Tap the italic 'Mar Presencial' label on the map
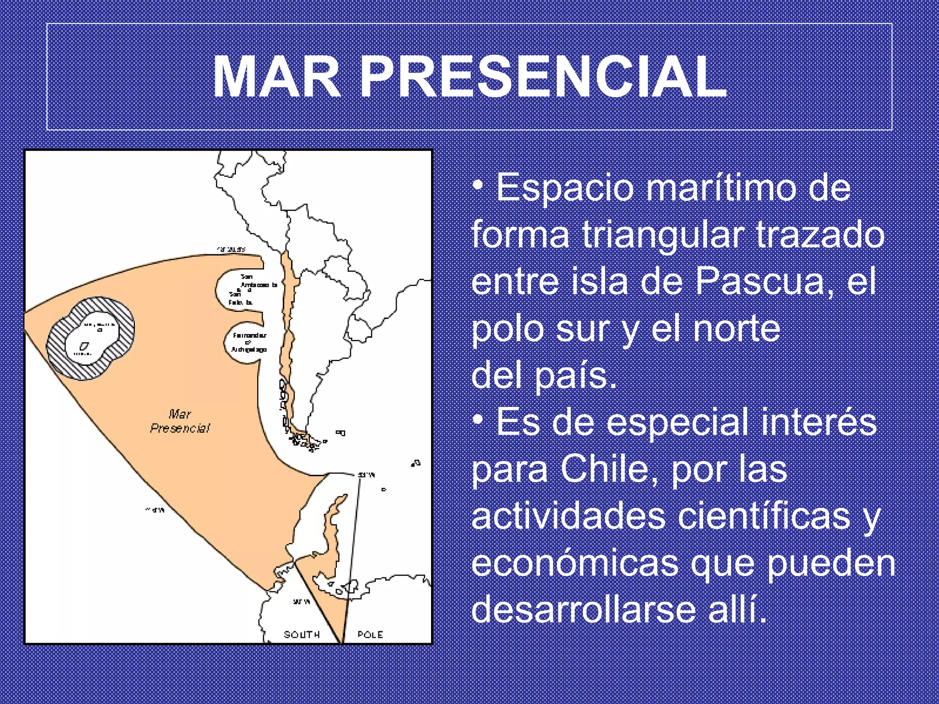(x=180, y=421)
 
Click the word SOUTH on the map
(x=302, y=634)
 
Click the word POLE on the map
(x=370, y=634)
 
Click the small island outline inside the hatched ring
(x=85, y=346)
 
